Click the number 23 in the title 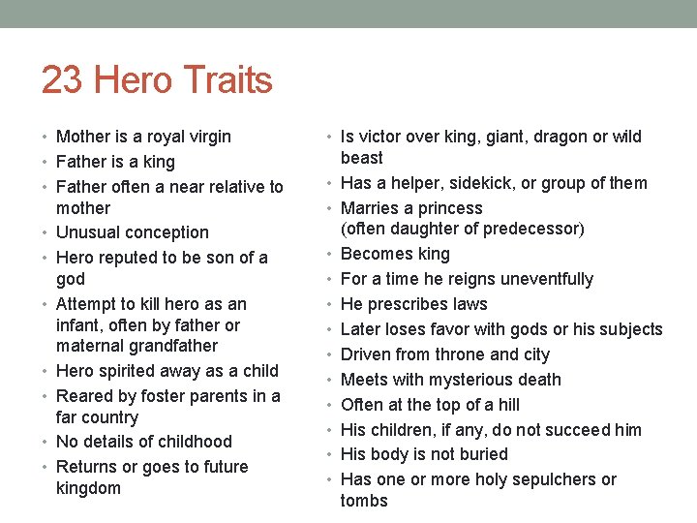tap(62, 79)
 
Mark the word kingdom tap(88, 488)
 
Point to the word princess tap(447, 208)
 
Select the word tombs tap(364, 501)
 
